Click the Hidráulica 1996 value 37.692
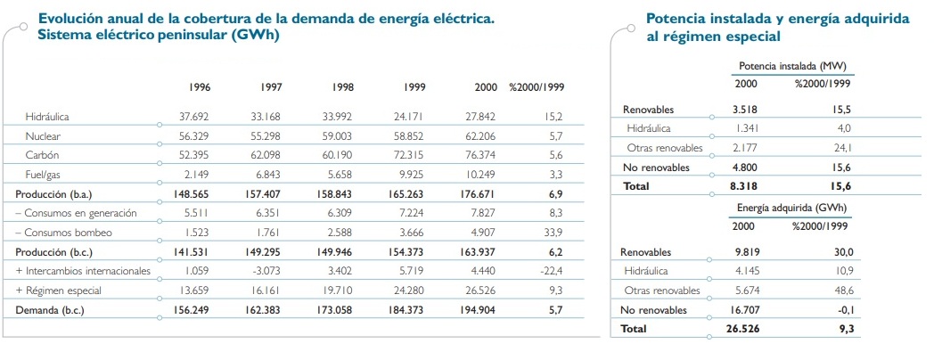[195, 116]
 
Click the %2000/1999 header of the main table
[537, 87]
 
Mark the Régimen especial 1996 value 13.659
[195, 290]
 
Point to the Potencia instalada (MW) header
[792, 67]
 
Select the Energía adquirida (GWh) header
[792, 209]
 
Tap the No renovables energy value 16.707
[745, 310]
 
